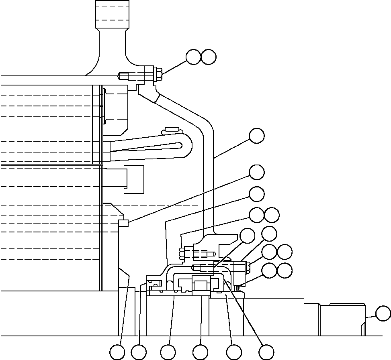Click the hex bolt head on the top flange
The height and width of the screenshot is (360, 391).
(x=158, y=75)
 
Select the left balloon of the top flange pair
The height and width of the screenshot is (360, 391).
(x=193, y=57)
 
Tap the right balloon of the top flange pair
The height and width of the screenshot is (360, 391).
(x=209, y=57)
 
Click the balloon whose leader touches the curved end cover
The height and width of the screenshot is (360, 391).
(x=257, y=136)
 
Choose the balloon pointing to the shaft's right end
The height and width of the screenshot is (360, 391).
(x=383, y=313)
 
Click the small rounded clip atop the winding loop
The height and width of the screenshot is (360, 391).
(x=172, y=130)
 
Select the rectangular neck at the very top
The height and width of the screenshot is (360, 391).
(x=112, y=14)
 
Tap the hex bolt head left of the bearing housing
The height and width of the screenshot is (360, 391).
(x=182, y=254)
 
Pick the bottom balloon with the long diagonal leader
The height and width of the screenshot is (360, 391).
(x=266, y=352)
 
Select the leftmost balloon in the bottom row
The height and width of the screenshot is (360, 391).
(x=117, y=352)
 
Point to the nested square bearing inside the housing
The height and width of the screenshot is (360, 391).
(x=201, y=286)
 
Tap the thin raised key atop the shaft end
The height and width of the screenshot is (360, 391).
(x=344, y=304)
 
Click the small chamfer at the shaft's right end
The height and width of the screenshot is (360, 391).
(x=364, y=329)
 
